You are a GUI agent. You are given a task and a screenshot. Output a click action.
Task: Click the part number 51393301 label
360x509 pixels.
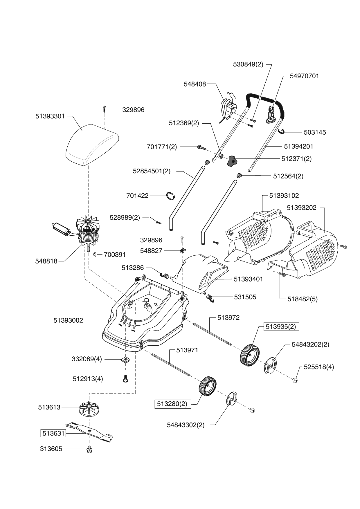tap(50, 116)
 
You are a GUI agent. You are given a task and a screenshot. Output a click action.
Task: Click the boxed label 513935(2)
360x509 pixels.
tap(281, 327)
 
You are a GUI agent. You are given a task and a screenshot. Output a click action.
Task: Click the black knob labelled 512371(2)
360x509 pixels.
tap(232, 161)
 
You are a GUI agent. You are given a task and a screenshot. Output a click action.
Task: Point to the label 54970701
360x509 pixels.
tap(304, 76)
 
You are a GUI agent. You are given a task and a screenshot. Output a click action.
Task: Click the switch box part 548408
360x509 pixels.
tap(228, 109)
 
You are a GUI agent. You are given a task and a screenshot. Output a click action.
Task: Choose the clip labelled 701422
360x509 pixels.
tap(171, 196)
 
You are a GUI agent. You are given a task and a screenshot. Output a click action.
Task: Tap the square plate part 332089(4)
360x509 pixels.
tap(126, 360)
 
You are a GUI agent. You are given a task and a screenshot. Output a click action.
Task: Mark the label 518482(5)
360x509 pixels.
tap(303, 299)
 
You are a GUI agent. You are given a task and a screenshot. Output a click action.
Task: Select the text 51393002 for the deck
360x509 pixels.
tap(68, 320)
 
